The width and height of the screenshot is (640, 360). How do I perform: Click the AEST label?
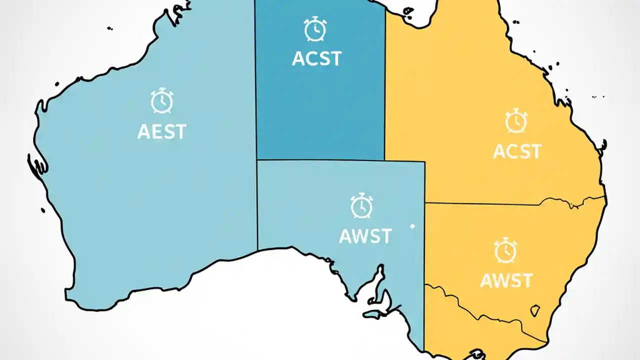tap(161, 131)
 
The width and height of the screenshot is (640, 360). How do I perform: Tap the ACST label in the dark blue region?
tap(316, 58)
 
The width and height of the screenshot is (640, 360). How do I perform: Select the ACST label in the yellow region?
tap(517, 151)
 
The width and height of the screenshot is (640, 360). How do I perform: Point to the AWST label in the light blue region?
tap(365, 236)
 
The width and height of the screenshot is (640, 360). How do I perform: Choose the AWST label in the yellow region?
tap(506, 280)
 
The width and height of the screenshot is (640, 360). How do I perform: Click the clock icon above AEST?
tap(161, 101)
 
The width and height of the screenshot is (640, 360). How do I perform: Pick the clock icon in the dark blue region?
tap(315, 29)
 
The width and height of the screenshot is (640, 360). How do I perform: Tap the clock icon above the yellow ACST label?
tap(515, 121)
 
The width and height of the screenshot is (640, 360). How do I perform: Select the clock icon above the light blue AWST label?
tap(361, 206)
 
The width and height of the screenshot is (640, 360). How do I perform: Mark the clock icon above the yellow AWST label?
tap(505, 251)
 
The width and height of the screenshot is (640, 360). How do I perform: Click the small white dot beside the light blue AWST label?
tap(412, 226)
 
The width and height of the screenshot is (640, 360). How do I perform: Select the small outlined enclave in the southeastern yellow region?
tap(535, 310)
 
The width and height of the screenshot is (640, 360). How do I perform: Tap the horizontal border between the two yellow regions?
tap(500, 203)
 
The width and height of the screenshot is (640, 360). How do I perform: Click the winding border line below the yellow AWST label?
tap(480, 305)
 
